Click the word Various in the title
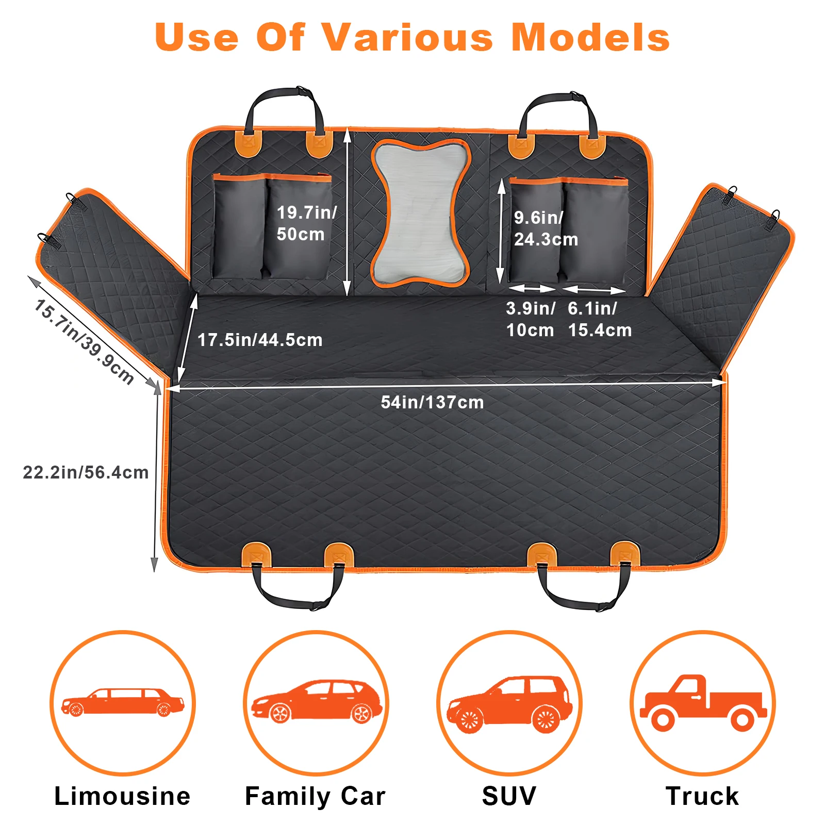pos(407,37)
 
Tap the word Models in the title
pos(590,37)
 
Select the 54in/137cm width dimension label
pos(432,402)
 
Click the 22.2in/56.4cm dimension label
pos(86,472)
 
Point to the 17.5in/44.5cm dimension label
pos(260,340)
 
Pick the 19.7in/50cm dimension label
pos(306,223)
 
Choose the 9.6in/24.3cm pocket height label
pos(546,228)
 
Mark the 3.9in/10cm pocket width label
pos(530,319)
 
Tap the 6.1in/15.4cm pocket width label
pos(599,319)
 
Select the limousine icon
pos(123,702)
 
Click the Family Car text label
pos(315,796)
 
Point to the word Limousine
pos(122,796)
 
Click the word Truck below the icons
pos(702,796)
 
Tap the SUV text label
pos(509,796)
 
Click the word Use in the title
pos(197,37)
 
